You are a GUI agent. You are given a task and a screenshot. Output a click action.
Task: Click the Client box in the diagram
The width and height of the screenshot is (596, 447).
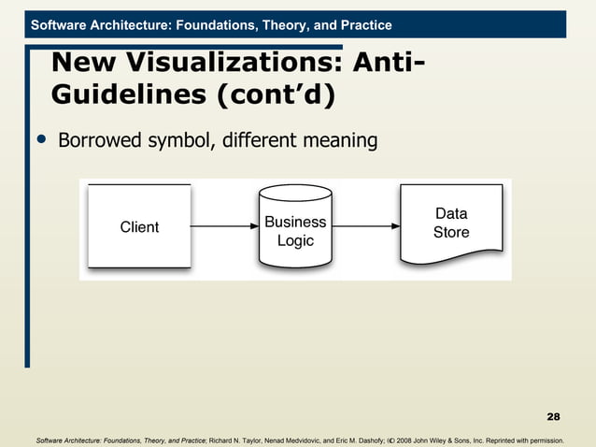point(139,227)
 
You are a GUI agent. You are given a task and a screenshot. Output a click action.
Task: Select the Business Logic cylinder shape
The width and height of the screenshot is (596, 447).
point(295,230)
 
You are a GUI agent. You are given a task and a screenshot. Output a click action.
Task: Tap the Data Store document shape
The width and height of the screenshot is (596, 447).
point(450,224)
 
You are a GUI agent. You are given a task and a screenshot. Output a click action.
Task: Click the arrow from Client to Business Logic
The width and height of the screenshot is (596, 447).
point(224,226)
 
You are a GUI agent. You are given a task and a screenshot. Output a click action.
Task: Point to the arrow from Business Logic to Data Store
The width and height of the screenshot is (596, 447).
point(365,226)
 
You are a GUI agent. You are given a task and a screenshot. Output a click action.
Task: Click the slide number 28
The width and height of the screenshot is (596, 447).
point(553,415)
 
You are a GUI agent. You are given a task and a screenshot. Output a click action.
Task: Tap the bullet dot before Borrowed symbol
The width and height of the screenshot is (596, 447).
point(39,140)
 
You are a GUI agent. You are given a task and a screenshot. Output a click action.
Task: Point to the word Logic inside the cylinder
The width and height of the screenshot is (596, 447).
point(295,241)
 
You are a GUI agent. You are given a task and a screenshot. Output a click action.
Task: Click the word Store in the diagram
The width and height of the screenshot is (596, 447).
point(451,232)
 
